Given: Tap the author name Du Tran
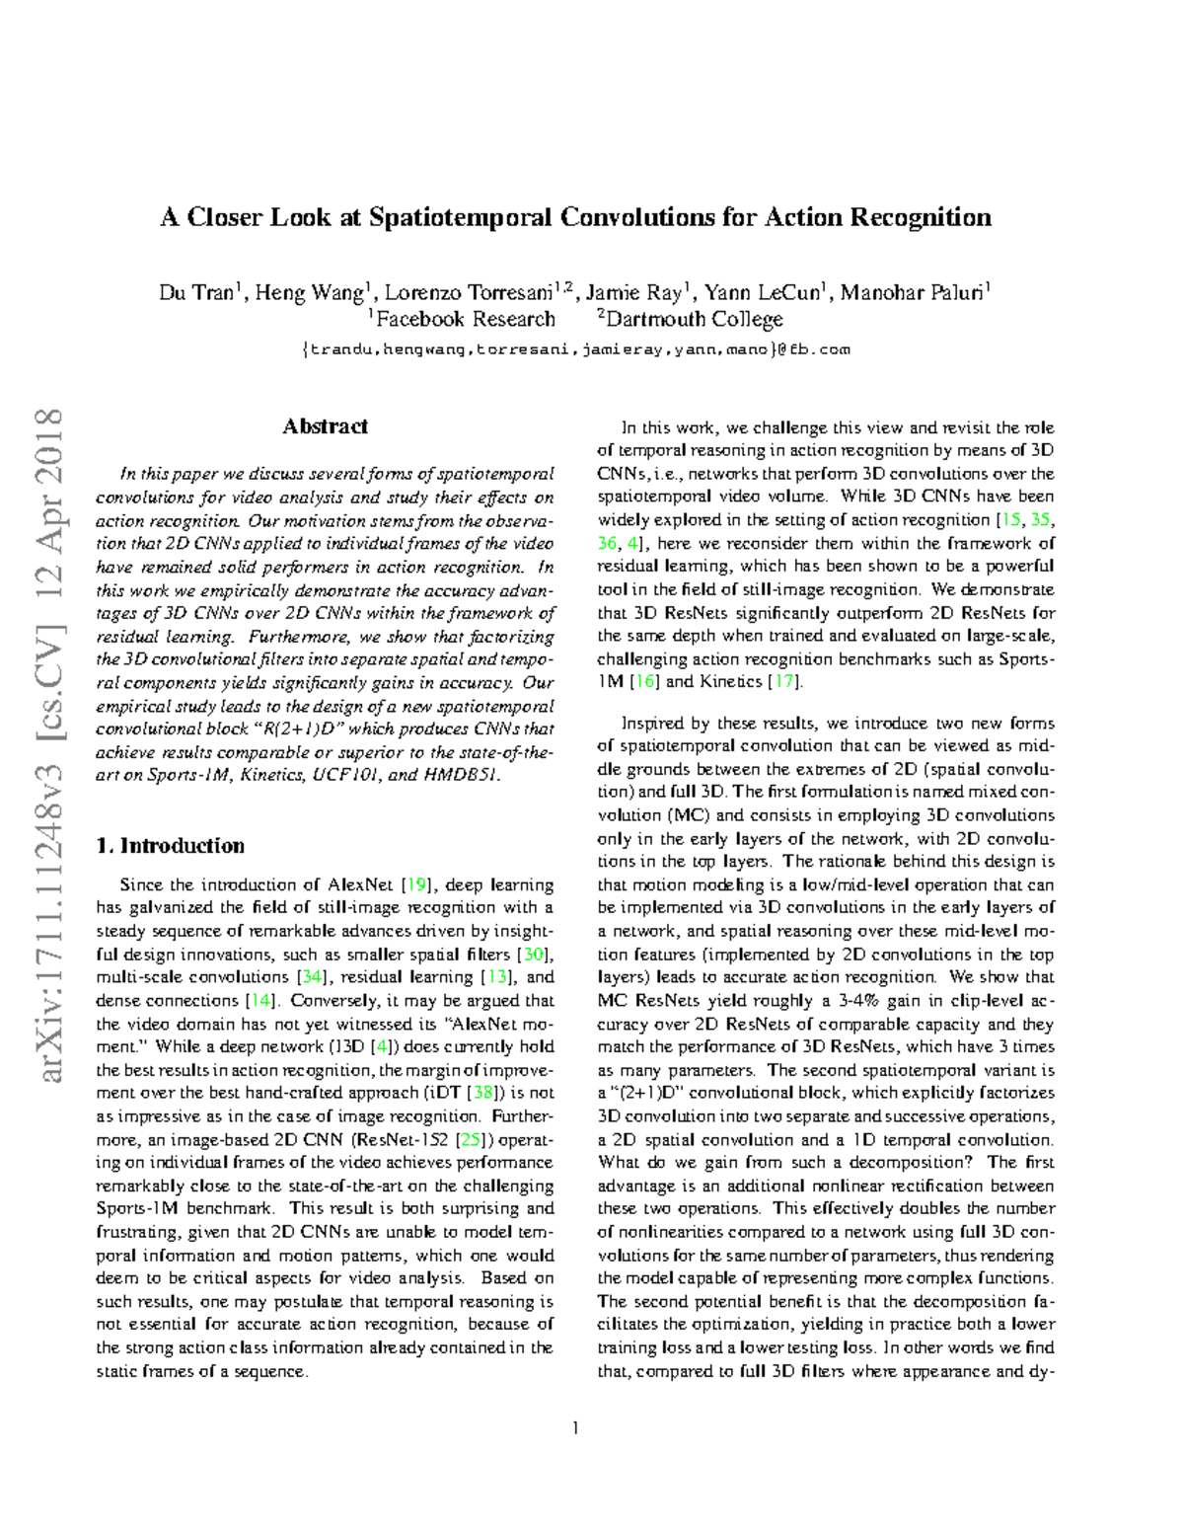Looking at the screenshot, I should pos(196,293).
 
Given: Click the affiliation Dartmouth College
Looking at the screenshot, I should pos(694,320).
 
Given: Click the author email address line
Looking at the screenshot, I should pos(575,349).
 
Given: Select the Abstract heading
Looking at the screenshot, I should pos(325,426).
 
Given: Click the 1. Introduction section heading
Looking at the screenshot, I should pos(170,846).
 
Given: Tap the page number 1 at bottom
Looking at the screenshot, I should pos(575,1427).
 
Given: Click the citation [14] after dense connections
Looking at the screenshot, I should pos(260,1000).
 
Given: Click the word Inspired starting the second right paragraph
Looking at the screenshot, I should pos(653,723).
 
